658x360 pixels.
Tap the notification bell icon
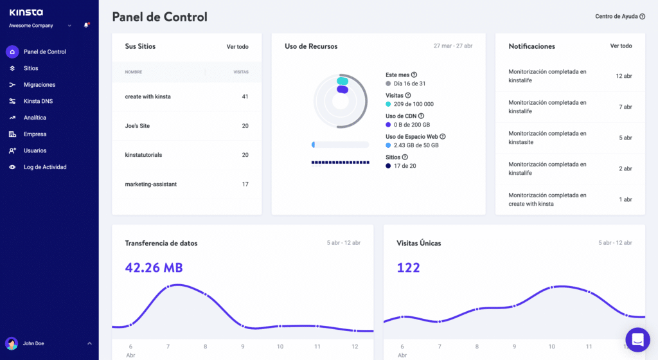point(86,26)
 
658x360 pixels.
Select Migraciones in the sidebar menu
point(39,85)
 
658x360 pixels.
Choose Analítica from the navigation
point(35,118)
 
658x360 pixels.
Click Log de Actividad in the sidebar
point(45,167)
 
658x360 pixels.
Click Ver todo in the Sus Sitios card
point(237,46)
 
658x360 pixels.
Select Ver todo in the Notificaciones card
point(621,46)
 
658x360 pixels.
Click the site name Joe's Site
point(138,126)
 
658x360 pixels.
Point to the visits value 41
point(245,96)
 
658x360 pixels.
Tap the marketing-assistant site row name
point(151,184)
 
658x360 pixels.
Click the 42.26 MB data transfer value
point(154,267)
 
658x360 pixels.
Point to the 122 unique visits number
point(408,267)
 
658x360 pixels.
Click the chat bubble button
point(637,339)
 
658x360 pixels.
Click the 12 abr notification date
point(624,76)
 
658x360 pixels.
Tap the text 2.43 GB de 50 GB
point(416,145)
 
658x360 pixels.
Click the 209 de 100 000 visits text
point(413,104)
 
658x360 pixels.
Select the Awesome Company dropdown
point(40,26)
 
